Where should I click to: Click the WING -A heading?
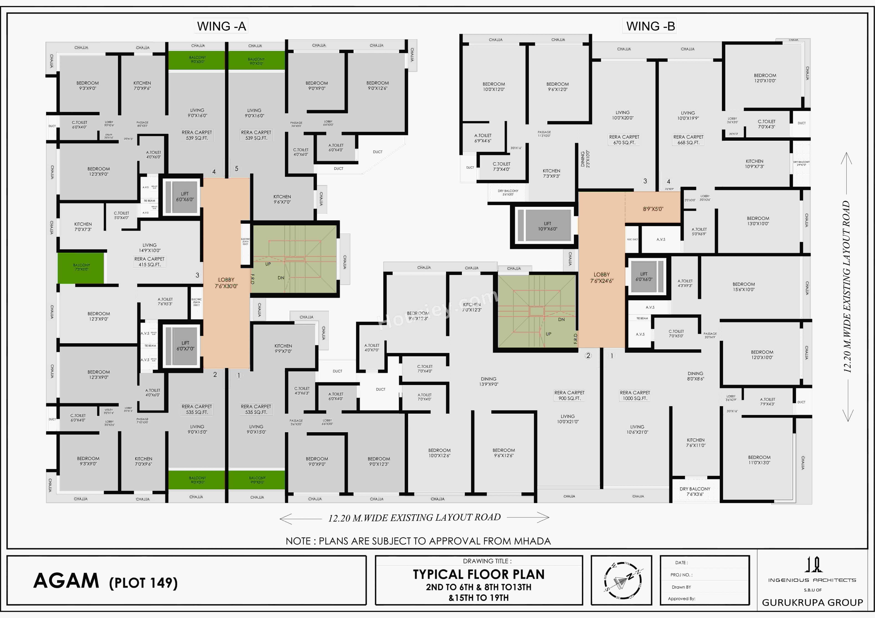tap(221, 26)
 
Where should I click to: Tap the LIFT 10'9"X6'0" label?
tap(547, 226)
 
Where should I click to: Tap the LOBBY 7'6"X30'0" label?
tap(226, 283)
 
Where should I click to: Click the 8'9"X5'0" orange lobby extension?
tap(653, 209)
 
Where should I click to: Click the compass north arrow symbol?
tap(623, 580)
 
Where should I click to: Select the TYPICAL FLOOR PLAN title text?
tap(479, 574)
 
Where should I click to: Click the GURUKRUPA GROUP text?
tap(812, 602)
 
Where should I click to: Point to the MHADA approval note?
tap(418, 541)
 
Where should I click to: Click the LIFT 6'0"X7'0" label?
tap(185, 346)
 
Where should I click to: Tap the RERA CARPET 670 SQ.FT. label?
tap(624, 139)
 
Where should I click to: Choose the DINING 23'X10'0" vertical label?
tap(585, 159)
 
